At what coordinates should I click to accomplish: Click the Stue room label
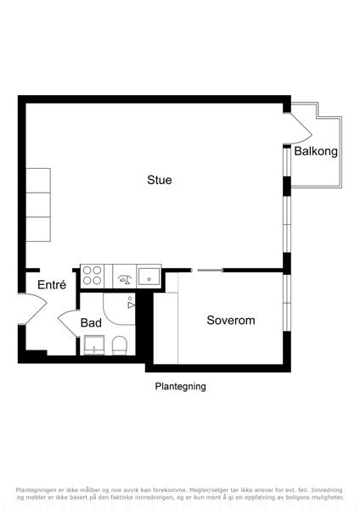(160, 180)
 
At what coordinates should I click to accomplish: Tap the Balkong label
(316, 151)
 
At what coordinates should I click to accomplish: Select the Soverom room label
(231, 320)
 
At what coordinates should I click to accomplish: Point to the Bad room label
(91, 322)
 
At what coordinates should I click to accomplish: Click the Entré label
(52, 285)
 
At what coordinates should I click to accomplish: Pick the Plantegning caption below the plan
(180, 386)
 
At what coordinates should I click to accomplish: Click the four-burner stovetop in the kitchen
(93, 276)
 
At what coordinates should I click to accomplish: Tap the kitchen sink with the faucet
(125, 277)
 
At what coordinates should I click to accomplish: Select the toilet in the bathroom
(119, 345)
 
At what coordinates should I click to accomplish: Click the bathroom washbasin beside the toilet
(94, 345)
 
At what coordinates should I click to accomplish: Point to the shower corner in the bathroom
(119, 309)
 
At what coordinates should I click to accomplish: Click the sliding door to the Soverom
(211, 270)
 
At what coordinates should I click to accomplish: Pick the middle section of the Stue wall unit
(38, 204)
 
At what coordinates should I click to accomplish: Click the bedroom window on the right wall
(287, 303)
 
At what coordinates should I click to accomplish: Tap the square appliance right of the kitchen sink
(149, 277)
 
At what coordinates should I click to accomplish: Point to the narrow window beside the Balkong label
(287, 162)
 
